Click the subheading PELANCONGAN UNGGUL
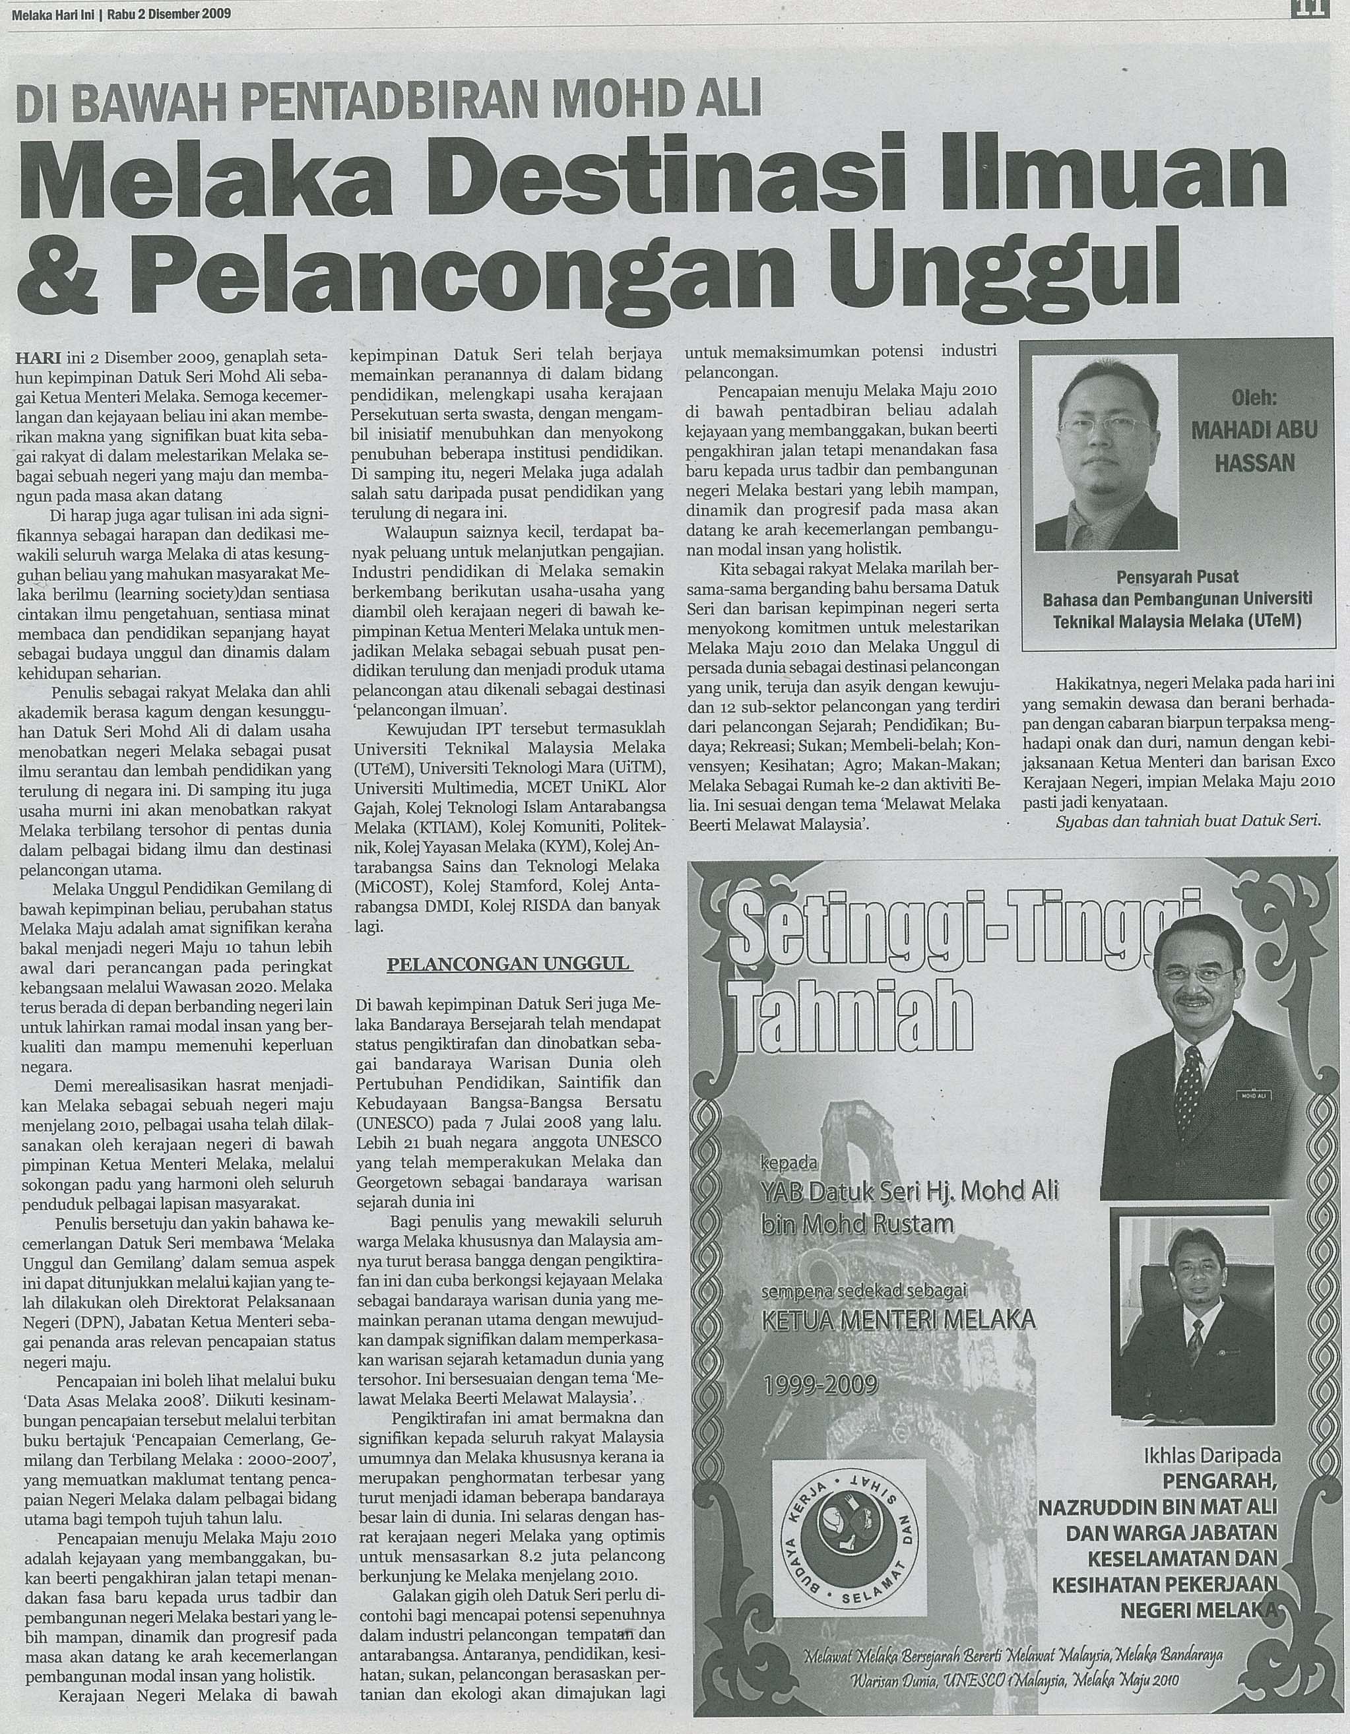click(x=508, y=964)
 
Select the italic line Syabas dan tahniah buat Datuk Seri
click(x=1188, y=821)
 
